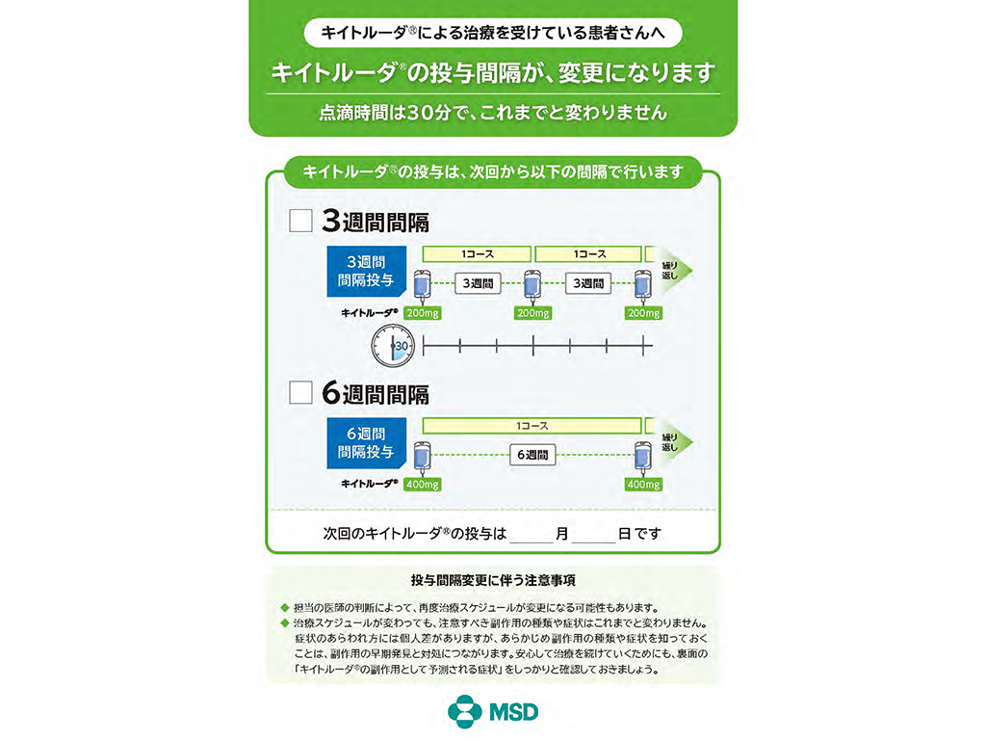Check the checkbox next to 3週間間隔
click(300, 221)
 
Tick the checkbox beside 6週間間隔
click(300, 393)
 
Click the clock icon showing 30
click(393, 346)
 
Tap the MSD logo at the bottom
click(493, 712)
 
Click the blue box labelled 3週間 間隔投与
click(367, 271)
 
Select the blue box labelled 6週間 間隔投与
click(367, 443)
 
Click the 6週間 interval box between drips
click(532, 455)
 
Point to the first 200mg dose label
click(423, 313)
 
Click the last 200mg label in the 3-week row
click(644, 313)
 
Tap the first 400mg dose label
click(423, 485)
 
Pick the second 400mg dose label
click(644, 485)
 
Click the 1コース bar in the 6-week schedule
click(532, 426)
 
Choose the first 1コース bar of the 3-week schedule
click(477, 254)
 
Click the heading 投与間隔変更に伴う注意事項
click(493, 580)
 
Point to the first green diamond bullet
click(285, 608)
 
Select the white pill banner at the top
click(493, 33)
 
